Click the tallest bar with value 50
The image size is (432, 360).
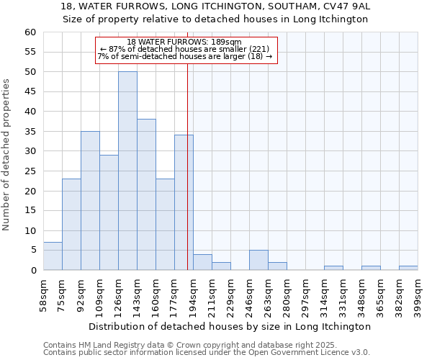point(127,171)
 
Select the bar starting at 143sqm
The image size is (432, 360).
point(146,194)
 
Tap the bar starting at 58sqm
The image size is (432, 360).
point(53,256)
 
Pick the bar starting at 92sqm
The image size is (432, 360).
point(90,201)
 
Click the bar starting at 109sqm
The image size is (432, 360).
point(109,212)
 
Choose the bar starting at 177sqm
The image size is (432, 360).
point(184,202)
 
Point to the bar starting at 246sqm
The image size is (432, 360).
point(258,260)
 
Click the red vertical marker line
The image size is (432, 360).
point(187,166)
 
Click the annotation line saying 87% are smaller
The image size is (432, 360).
point(186,49)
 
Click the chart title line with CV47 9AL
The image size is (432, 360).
point(216,6)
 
